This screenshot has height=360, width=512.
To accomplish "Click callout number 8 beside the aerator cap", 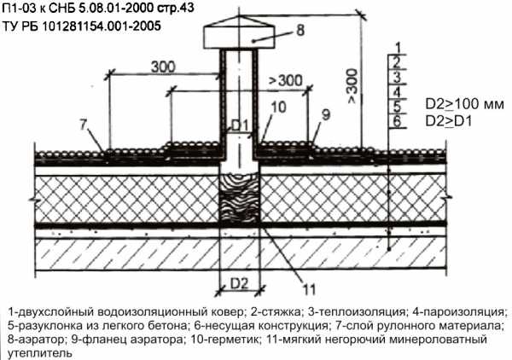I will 300,31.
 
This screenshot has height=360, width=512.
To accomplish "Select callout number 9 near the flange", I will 325,114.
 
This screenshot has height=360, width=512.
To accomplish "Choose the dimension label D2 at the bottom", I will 240,282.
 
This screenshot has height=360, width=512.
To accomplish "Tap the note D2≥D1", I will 449,120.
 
